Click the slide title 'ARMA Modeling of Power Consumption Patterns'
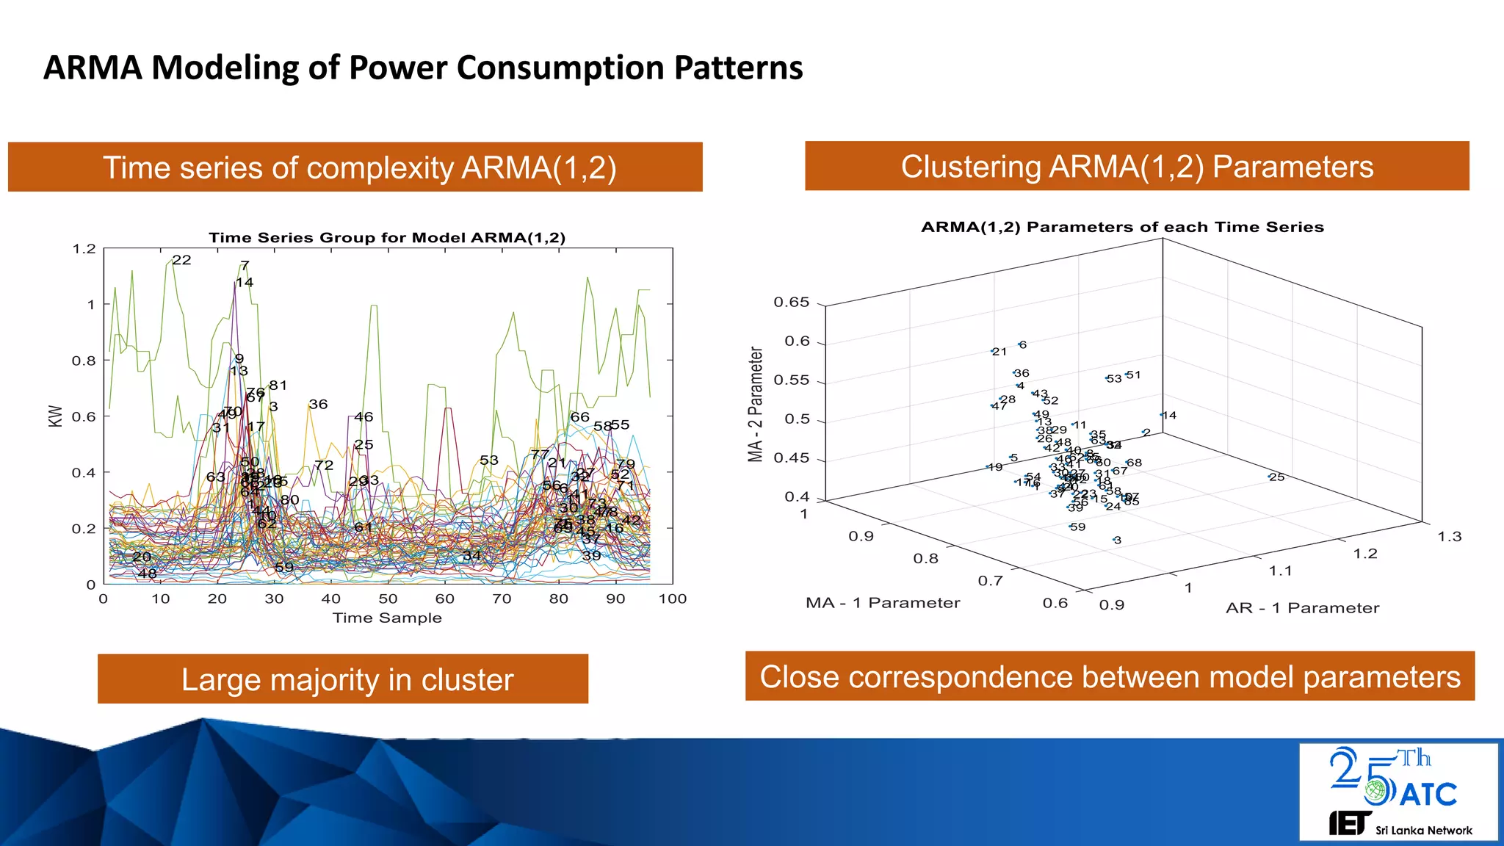pos(423,68)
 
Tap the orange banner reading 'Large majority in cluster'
pos(343,679)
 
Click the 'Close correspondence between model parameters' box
pos(1110,676)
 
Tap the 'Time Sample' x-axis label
pos(387,618)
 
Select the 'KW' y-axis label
pos(55,416)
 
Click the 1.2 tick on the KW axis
pos(84,249)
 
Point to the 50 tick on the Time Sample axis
pos(388,599)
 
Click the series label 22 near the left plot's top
pos(181,260)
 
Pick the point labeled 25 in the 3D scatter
pos(1270,477)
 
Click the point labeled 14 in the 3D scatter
pos(1163,415)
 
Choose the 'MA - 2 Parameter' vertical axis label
pos(756,405)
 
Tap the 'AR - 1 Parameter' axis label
pos(1302,608)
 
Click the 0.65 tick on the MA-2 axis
pos(791,303)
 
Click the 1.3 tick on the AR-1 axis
pos(1449,537)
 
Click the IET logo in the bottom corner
pos(1350,823)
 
